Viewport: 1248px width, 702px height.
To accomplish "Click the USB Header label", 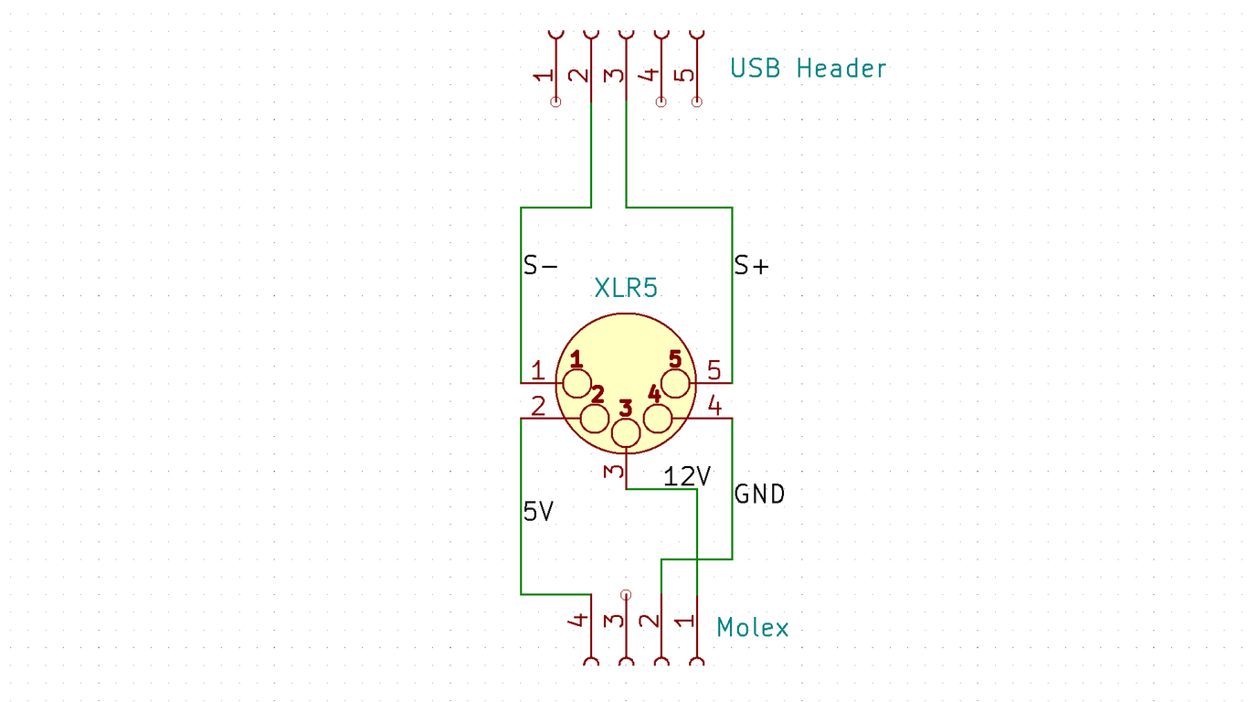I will click(x=808, y=69).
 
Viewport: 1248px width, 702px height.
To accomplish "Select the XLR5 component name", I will click(x=626, y=289).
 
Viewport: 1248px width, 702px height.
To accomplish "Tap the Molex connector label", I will click(x=752, y=628).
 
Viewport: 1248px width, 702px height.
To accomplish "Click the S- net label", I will click(x=540, y=266).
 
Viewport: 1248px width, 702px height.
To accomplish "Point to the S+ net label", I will click(x=752, y=266).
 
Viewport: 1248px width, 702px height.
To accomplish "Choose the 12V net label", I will click(x=687, y=476).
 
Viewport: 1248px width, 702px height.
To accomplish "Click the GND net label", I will click(x=759, y=495).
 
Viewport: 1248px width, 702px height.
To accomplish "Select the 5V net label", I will click(x=538, y=512).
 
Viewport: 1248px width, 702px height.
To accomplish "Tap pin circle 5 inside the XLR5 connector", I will click(x=675, y=383).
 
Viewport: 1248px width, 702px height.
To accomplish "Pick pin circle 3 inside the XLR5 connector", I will click(x=626, y=434).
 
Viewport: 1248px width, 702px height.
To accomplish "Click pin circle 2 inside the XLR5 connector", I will click(x=595, y=419).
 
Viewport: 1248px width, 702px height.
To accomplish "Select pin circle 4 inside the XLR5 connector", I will click(x=657, y=419).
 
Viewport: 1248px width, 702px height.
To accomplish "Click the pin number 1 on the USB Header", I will click(x=544, y=76).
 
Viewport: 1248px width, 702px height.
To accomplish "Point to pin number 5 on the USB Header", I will click(x=685, y=76).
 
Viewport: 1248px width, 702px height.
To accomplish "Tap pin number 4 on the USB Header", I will click(x=650, y=76).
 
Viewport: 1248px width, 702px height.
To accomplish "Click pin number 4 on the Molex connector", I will click(x=578, y=621).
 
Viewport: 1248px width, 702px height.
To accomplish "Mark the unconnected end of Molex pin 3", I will click(x=626, y=594).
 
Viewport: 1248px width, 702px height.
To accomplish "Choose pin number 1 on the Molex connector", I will click(x=684, y=622).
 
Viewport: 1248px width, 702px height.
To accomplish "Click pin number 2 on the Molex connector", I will click(x=650, y=622).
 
